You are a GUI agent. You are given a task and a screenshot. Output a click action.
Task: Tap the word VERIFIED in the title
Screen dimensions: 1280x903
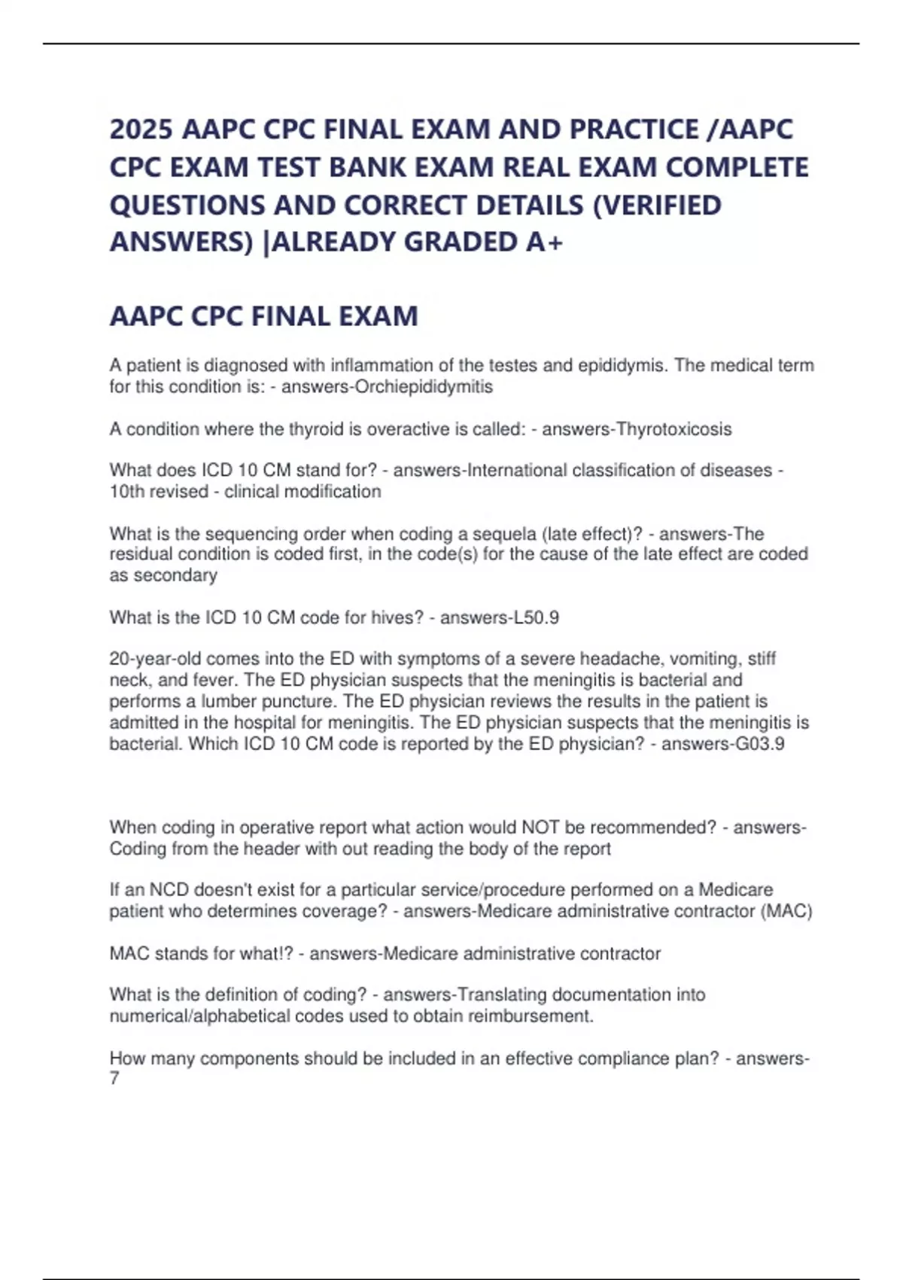coord(657,205)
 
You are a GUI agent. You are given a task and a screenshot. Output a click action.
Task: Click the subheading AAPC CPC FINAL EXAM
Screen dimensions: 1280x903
coord(263,316)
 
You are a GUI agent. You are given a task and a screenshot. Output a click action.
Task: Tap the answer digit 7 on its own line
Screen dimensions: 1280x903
coord(114,1079)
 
